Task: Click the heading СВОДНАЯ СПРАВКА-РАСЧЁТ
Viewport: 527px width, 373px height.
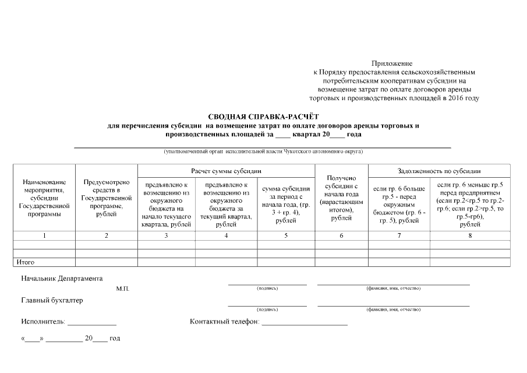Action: (x=263, y=117)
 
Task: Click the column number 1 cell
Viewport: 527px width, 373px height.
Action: (x=44, y=235)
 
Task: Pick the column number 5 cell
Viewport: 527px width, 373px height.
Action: (x=285, y=235)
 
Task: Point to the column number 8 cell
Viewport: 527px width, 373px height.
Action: (x=470, y=235)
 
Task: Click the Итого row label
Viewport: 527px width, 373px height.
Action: (x=26, y=262)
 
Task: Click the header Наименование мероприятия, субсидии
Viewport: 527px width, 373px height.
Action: (x=44, y=198)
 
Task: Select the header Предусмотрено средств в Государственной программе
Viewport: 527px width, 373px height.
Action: (x=106, y=198)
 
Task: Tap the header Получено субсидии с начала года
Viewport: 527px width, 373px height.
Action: (x=341, y=198)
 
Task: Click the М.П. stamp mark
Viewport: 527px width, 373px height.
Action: (x=122, y=288)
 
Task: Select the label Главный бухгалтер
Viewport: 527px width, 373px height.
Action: (x=52, y=301)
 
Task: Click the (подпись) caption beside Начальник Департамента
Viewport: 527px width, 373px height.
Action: (x=267, y=288)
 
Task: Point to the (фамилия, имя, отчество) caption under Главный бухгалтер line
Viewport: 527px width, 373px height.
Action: (x=393, y=309)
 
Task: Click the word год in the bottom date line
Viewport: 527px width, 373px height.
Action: (x=115, y=338)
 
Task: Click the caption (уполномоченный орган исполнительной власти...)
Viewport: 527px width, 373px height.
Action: (x=263, y=152)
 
